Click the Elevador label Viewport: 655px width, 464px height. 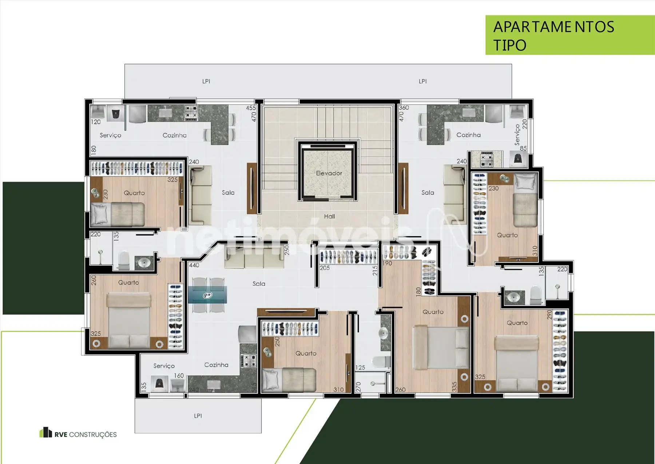[x=329, y=173]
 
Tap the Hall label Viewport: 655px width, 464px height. [x=329, y=216]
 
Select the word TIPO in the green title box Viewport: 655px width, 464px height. [x=510, y=45]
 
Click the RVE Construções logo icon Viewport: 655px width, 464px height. [x=45, y=432]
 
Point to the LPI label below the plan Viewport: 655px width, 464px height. [x=198, y=416]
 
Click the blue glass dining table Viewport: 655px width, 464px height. [x=207, y=295]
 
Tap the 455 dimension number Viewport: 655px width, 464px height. [x=251, y=108]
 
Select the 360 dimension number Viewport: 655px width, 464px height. [x=404, y=108]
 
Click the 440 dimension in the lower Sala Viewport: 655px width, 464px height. [x=194, y=265]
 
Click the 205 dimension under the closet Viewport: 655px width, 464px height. [x=325, y=268]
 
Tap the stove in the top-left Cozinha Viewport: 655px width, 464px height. [x=191, y=113]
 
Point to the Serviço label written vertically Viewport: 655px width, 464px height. [x=517, y=134]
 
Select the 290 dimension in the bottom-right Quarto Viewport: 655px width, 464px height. [x=549, y=315]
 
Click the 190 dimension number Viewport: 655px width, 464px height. [x=388, y=263]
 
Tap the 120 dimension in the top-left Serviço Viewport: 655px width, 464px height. [x=96, y=122]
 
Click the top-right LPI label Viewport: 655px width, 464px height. [x=422, y=81]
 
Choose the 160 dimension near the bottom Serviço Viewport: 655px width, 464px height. [x=179, y=375]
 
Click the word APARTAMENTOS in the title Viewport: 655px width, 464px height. [x=554, y=27]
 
